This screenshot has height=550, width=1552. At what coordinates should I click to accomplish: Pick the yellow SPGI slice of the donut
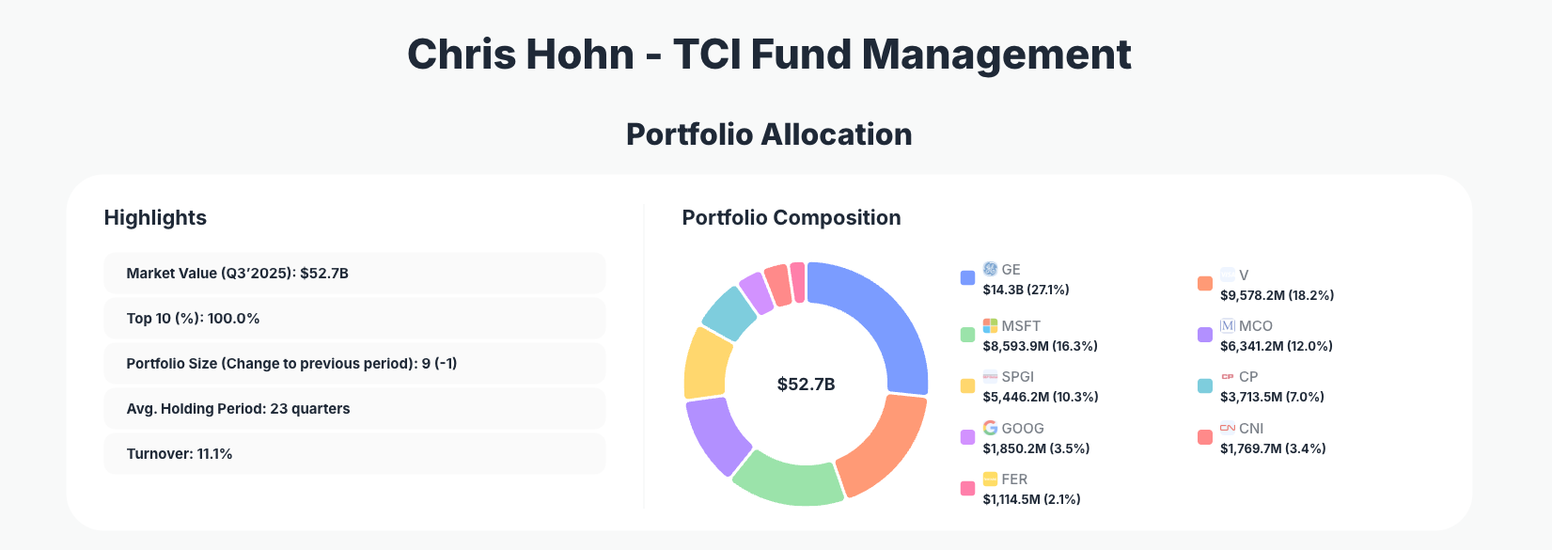click(707, 362)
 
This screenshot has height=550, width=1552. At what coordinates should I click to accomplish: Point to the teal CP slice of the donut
click(729, 311)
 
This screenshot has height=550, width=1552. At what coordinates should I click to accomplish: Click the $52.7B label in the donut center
click(806, 385)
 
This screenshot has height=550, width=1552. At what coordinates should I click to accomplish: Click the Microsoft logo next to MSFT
click(990, 325)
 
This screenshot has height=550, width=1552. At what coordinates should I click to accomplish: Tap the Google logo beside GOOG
click(990, 428)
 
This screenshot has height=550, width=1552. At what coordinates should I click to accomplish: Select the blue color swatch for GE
click(967, 277)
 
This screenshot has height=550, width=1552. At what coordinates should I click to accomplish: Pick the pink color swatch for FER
click(967, 488)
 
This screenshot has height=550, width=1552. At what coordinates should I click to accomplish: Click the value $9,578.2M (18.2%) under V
click(1277, 295)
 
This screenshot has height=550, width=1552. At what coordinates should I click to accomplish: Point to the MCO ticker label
click(1255, 326)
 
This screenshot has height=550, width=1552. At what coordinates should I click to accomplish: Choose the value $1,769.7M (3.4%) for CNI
click(1273, 448)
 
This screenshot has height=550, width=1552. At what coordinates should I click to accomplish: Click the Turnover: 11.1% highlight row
click(354, 454)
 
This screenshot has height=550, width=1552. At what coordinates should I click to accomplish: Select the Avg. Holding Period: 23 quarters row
click(354, 409)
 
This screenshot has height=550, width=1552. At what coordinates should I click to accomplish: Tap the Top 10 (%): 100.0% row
click(354, 319)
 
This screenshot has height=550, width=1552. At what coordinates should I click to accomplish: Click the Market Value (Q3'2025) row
click(354, 274)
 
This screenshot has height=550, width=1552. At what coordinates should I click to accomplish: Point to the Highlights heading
click(155, 218)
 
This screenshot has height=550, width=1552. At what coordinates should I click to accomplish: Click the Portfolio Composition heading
click(791, 218)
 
